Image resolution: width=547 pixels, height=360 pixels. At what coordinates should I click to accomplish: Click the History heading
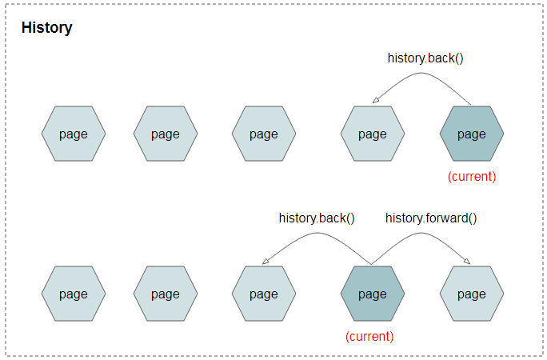click(x=46, y=28)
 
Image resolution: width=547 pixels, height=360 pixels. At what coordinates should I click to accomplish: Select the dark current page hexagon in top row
click(x=472, y=134)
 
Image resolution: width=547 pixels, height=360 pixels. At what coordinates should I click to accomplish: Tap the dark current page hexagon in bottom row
click(x=373, y=294)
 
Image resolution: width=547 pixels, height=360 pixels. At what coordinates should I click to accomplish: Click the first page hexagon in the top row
click(x=74, y=134)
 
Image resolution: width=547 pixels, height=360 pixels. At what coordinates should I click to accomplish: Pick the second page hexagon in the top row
click(x=166, y=134)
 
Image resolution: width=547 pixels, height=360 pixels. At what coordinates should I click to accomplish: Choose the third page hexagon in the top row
click(x=264, y=134)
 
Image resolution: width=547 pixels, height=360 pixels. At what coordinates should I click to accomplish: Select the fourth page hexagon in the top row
click(x=373, y=134)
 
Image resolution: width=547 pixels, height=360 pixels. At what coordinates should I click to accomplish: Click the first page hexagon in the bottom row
click(x=74, y=294)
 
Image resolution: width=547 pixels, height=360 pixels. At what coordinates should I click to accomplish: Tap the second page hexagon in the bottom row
click(x=166, y=294)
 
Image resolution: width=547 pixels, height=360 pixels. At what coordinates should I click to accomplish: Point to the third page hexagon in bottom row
click(x=264, y=294)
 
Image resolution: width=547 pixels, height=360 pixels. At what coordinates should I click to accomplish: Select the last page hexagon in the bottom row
click(x=472, y=294)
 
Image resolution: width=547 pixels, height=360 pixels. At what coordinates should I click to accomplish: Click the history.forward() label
click(x=431, y=218)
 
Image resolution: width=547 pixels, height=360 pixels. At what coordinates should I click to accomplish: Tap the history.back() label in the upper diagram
click(x=425, y=58)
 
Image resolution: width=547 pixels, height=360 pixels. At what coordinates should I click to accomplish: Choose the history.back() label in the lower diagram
click(x=317, y=218)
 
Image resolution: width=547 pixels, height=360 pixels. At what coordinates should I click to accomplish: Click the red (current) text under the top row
click(x=472, y=177)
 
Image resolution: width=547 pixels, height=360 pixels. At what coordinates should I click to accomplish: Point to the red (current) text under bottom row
click(x=369, y=337)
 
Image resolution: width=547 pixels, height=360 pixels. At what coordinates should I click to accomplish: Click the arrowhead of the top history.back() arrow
click(x=374, y=101)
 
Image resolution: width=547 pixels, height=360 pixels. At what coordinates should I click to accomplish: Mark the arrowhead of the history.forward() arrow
click(x=468, y=262)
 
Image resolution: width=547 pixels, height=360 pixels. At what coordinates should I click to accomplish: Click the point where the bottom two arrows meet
click(x=371, y=265)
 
